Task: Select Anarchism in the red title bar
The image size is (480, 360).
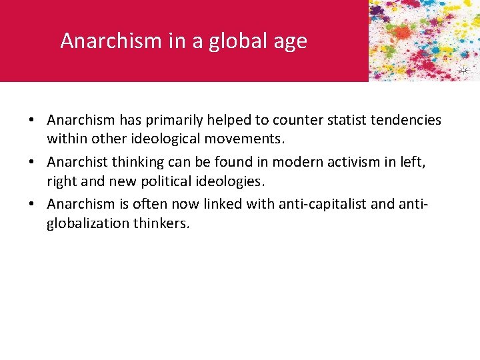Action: tap(111, 41)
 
